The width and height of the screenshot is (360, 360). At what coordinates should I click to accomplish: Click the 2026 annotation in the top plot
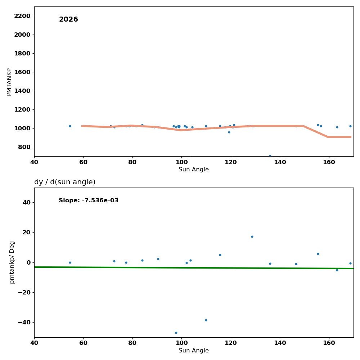point(68,19)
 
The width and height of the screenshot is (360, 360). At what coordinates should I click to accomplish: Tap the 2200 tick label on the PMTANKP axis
point(22,16)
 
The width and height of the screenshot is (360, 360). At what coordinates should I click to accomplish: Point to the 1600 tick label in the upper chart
point(22,72)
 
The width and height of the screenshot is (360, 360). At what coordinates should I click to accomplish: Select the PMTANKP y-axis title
point(9,82)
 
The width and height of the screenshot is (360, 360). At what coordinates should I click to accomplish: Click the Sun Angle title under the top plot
point(194,170)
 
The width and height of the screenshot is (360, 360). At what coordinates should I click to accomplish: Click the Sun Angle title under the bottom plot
point(194,351)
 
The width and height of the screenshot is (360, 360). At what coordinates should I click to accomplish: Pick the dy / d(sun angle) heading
point(65,182)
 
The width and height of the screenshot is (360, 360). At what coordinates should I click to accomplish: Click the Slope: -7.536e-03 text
point(89,201)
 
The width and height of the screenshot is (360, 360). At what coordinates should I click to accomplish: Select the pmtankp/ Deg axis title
point(12,262)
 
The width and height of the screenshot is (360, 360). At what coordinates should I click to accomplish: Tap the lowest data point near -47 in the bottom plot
point(176,333)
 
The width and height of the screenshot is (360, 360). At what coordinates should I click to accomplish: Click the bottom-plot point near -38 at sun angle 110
point(206,320)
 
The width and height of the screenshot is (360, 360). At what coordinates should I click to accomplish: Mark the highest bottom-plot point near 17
point(252,237)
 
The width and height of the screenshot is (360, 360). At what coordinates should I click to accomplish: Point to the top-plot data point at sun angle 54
point(70,126)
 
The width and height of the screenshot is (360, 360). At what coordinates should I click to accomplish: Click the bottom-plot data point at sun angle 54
point(70,262)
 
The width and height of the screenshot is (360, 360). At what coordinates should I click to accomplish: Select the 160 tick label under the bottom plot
point(329,343)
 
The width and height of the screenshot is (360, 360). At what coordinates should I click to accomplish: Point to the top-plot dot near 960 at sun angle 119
point(229,132)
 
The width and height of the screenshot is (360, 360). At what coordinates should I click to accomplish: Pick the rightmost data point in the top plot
point(350,126)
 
